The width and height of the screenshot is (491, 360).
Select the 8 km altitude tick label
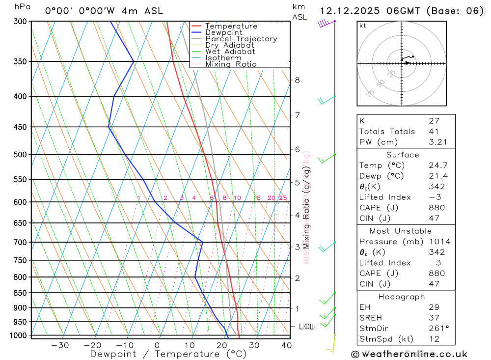click(x=297, y=80)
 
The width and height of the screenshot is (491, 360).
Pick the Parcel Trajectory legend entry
click(x=241, y=39)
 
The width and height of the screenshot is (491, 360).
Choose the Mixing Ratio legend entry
click(x=231, y=64)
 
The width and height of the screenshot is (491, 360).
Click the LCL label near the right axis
click(x=306, y=327)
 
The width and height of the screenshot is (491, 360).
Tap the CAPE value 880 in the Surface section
click(x=436, y=208)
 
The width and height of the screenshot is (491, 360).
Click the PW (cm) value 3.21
click(x=436, y=142)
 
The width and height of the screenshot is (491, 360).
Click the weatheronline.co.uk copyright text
click(x=409, y=354)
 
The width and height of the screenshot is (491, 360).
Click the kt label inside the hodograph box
click(x=363, y=26)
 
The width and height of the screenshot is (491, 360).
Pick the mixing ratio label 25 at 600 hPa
click(x=283, y=198)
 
